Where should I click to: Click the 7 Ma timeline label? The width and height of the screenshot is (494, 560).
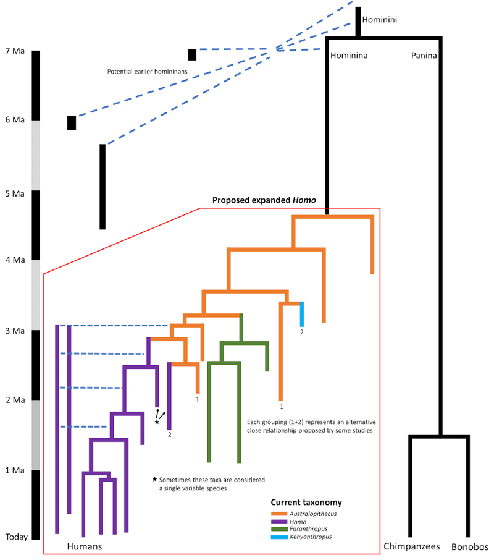click(x=15, y=51)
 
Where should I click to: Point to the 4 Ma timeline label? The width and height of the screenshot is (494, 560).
click(x=15, y=260)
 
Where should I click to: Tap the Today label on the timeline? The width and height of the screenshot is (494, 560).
click(x=17, y=537)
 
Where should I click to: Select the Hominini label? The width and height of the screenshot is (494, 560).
click(x=380, y=20)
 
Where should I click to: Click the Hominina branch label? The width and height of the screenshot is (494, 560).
click(x=349, y=56)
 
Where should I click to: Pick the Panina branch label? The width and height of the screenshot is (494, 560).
click(x=424, y=56)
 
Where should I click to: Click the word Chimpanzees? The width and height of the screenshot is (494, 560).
click(x=412, y=546)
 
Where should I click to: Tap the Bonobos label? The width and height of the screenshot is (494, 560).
click(x=470, y=547)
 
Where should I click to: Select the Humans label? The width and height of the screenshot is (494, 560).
click(x=85, y=546)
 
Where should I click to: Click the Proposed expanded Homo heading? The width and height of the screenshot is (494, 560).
click(x=264, y=200)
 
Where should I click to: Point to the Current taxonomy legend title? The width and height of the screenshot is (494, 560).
click(x=306, y=503)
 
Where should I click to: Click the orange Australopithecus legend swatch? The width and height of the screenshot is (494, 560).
click(x=279, y=514)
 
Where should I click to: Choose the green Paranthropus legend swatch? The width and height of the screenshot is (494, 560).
click(x=279, y=529)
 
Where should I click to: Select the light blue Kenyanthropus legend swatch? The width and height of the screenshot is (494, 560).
click(x=279, y=537)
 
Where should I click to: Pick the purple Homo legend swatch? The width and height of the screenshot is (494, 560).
click(x=279, y=522)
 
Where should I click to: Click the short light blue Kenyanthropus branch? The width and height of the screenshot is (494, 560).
click(x=302, y=314)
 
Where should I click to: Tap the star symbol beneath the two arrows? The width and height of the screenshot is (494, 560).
click(x=157, y=422)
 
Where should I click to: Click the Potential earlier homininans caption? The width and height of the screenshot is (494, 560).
click(x=148, y=72)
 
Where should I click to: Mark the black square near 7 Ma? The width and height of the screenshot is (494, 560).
click(x=192, y=54)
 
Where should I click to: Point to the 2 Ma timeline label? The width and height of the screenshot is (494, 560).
click(x=15, y=400)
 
